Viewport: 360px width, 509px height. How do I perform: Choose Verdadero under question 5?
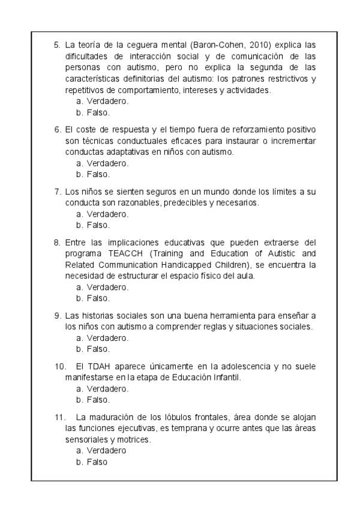click(x=107, y=101)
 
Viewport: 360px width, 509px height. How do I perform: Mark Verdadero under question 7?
click(x=107, y=214)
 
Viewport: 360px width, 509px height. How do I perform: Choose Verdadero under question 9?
click(x=107, y=338)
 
